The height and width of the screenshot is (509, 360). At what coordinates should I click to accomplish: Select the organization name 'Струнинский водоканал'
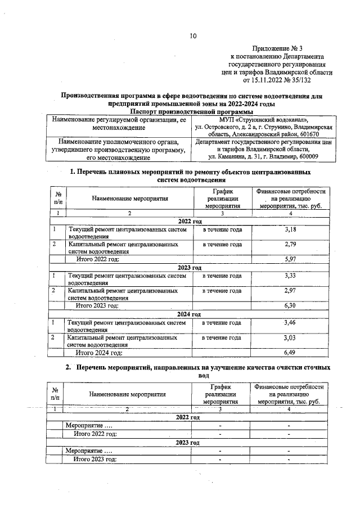coord(268,120)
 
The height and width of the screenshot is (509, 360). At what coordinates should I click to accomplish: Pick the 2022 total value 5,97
coord(290,259)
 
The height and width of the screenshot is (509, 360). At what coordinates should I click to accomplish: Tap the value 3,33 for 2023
coord(290,276)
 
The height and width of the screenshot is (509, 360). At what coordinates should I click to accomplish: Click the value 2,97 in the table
coord(290,291)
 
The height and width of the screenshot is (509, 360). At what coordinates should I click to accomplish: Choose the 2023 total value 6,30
coord(290,305)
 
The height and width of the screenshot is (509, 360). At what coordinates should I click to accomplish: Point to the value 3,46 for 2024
coord(290,322)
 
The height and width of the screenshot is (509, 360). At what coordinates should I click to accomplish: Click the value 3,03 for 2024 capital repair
coord(290,337)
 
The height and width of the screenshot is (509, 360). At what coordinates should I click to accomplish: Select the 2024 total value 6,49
coord(290,352)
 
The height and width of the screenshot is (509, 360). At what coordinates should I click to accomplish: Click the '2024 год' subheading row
coord(189,314)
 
